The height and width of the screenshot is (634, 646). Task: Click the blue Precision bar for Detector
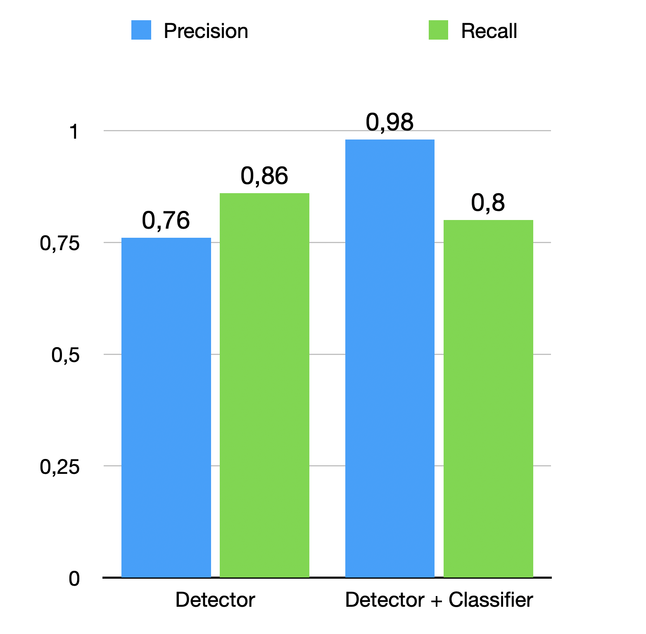pos(166,407)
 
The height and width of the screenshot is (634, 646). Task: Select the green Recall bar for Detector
pos(264,385)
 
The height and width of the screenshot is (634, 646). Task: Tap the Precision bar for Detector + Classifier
pos(389,358)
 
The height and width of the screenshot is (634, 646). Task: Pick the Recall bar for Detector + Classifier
pos(488,398)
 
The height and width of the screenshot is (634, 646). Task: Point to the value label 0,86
pos(264,176)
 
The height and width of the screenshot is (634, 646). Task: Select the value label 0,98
pos(389,122)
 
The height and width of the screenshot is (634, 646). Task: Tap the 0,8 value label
pos(488,203)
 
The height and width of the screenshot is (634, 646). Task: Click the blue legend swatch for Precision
pos(141,30)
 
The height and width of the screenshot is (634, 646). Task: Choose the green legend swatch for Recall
pos(438,30)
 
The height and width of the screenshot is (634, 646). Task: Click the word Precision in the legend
pos(206,31)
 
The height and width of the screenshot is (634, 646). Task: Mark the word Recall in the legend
pos(489,31)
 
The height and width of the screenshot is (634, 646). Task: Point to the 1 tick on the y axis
pos(74,132)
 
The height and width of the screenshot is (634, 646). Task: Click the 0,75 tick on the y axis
pos(60,244)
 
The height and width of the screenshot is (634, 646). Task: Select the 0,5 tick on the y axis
pos(65,355)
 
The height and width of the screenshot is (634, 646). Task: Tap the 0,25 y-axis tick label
pos(60,467)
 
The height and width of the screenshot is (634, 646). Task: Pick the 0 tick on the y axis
pos(74,579)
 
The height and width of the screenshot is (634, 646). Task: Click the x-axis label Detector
pos(215,600)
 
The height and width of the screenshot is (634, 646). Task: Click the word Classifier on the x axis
pos(491,600)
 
